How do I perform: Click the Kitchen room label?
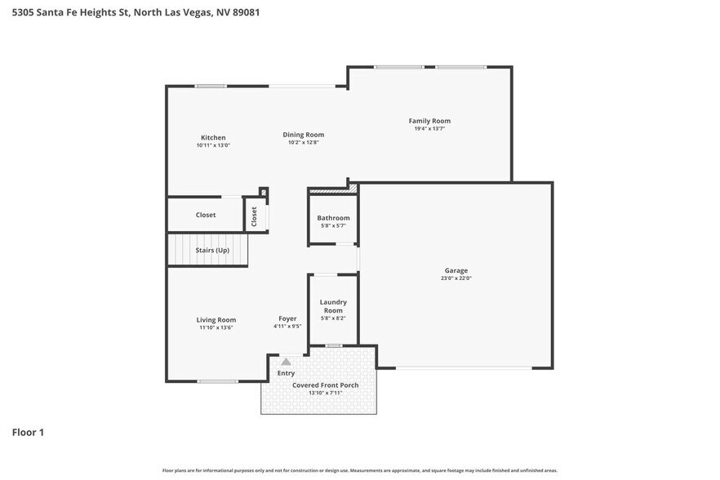[213, 137]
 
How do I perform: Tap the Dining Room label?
[304, 135]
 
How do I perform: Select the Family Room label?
[429, 121]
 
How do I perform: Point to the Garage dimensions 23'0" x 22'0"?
[456, 278]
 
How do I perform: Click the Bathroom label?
[333, 218]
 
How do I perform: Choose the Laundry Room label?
[333, 306]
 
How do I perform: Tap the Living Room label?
[216, 320]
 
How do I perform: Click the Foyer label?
[287, 318]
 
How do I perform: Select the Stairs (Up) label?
[211, 250]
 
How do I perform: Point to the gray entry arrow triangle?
[286, 361]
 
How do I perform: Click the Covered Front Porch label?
[326, 385]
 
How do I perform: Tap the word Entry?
[286, 373]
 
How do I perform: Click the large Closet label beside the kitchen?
[206, 215]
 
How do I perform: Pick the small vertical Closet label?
[255, 216]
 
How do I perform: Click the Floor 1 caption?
[28, 432]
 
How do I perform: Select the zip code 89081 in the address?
[245, 13]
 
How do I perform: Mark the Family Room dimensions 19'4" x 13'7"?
[429, 128]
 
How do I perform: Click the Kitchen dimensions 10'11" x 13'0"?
[213, 145]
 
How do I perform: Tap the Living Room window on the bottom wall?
[218, 381]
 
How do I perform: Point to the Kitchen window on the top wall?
[211, 87]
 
